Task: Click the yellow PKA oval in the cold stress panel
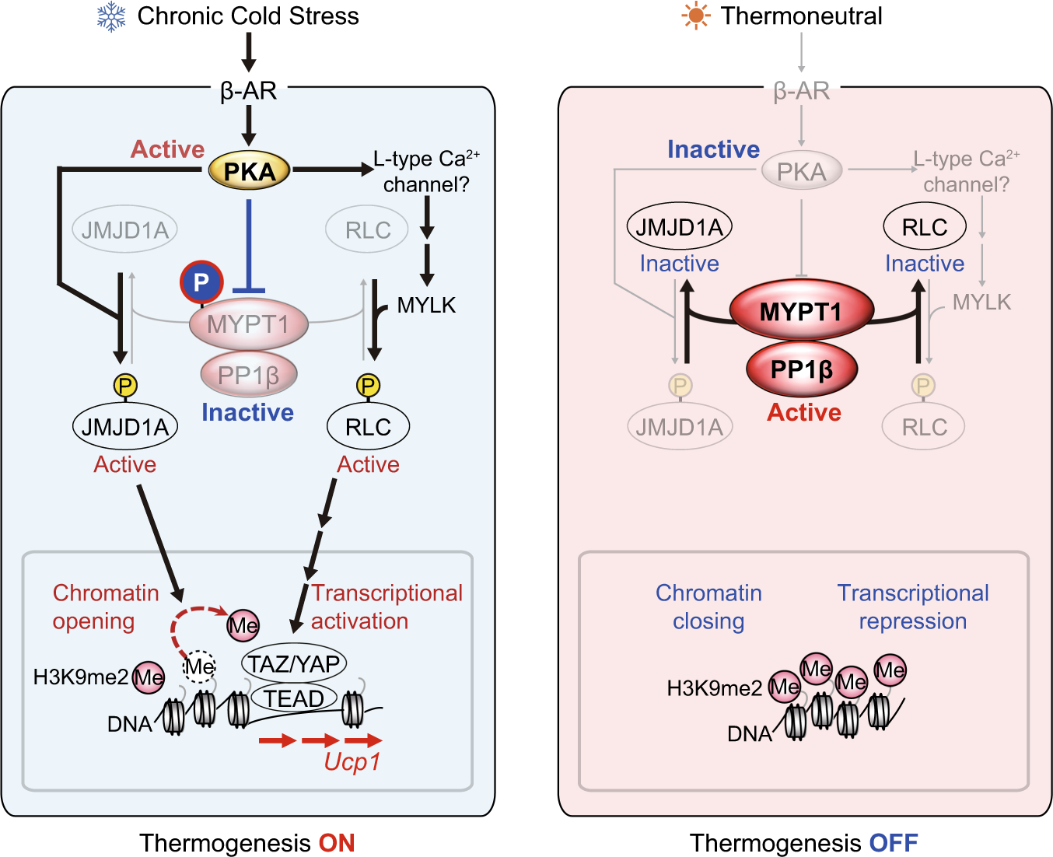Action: coord(249,171)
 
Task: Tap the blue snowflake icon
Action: coord(111,17)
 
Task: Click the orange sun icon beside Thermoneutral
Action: coord(695,16)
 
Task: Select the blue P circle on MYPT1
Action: coord(201,282)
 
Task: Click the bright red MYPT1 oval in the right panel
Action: coord(801,312)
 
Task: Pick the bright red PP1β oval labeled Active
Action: coord(801,369)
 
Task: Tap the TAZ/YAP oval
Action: coord(293,663)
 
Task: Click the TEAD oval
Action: coord(293,698)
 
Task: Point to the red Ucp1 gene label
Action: coord(352,761)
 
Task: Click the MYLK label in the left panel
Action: coord(426,305)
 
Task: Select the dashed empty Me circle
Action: coord(199,666)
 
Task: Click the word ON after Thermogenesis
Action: coord(337,843)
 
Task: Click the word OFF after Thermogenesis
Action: coord(894,843)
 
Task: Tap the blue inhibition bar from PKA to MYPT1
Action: coord(248,245)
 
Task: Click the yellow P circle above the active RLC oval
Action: coord(368,385)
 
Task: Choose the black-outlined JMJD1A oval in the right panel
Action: coord(679,227)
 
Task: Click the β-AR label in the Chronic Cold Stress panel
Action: coord(248,91)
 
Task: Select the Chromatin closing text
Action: coord(708,607)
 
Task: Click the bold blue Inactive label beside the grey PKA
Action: coord(713,149)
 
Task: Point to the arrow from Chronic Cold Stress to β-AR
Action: coord(248,53)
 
